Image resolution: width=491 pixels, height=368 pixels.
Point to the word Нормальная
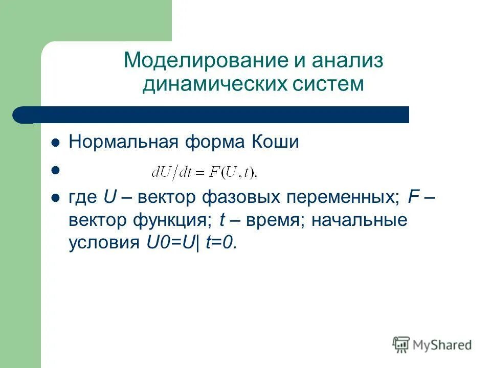(121, 142)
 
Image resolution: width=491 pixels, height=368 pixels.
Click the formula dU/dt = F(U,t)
(205, 173)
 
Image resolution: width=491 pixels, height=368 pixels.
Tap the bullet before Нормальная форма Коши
(56, 143)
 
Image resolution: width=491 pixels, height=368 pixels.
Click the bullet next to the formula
(56, 172)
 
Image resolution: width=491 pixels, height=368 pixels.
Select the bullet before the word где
(56, 198)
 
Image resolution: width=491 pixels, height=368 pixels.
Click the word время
(276, 221)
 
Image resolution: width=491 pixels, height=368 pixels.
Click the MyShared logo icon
(401, 344)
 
